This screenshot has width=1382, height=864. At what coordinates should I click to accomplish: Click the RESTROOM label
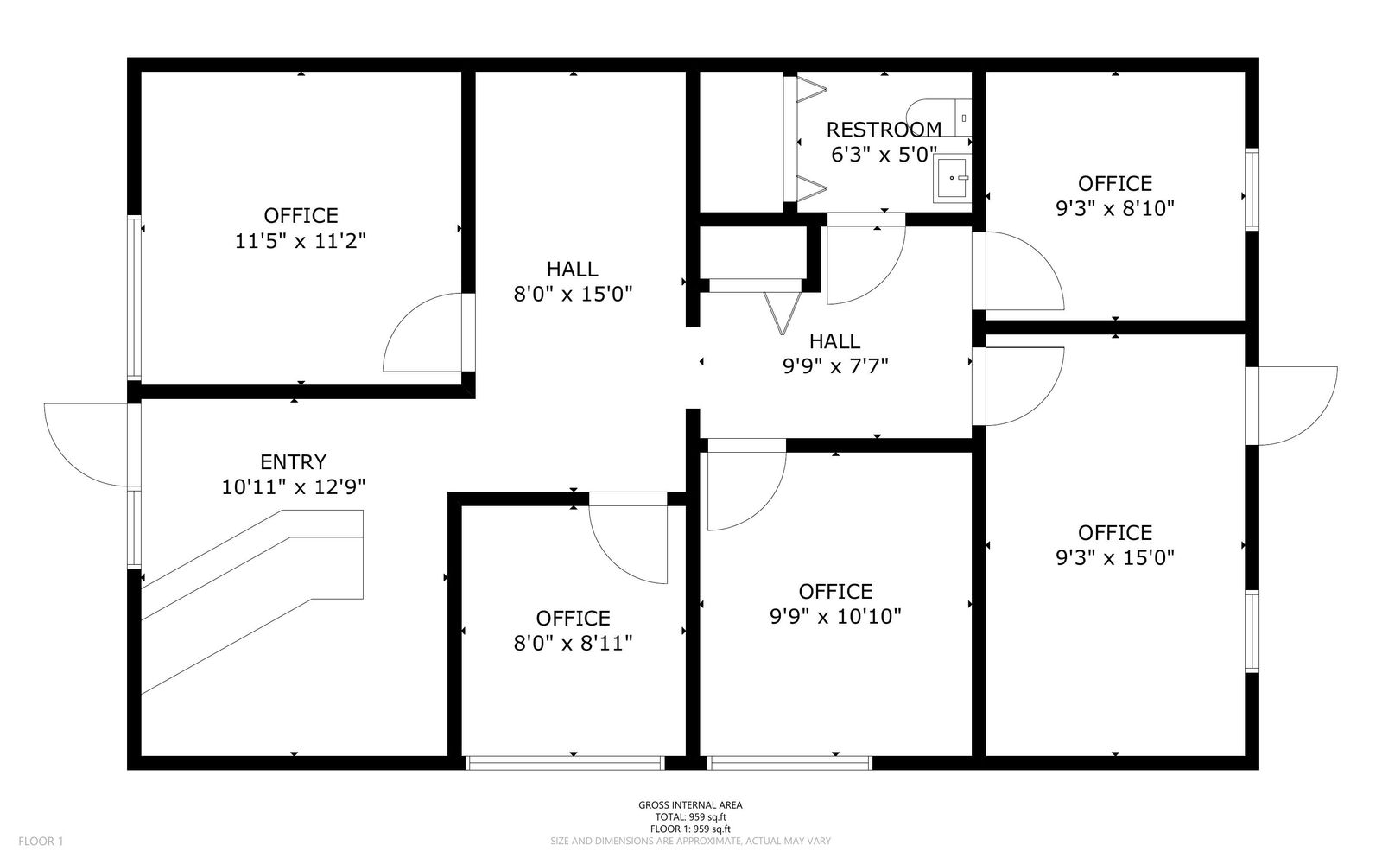[884, 130]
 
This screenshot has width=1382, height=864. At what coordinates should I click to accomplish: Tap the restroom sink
[952, 178]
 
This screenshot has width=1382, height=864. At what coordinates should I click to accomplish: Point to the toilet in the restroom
[939, 118]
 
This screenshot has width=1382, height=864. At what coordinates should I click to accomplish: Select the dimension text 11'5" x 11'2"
[301, 241]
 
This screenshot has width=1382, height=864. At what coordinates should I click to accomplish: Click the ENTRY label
[293, 462]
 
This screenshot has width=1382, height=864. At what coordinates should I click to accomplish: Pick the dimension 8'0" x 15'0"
[574, 295]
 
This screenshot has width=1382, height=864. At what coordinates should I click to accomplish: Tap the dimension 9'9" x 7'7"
[835, 366]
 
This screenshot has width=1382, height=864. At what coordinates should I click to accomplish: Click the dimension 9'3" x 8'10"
[1115, 208]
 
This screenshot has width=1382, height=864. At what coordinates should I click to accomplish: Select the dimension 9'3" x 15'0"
[1115, 558]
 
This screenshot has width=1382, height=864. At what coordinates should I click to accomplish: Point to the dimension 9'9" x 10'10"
[835, 617]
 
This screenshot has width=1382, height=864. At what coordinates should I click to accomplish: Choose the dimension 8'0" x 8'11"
[574, 644]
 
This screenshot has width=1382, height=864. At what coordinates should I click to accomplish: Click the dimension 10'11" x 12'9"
[294, 487]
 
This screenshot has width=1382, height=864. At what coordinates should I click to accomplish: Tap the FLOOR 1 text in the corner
[41, 842]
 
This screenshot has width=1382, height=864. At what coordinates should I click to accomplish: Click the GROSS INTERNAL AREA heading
[690, 804]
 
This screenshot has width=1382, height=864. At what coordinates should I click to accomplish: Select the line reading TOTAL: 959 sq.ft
[690, 817]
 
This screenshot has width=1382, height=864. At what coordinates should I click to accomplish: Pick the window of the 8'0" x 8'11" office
[565, 764]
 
